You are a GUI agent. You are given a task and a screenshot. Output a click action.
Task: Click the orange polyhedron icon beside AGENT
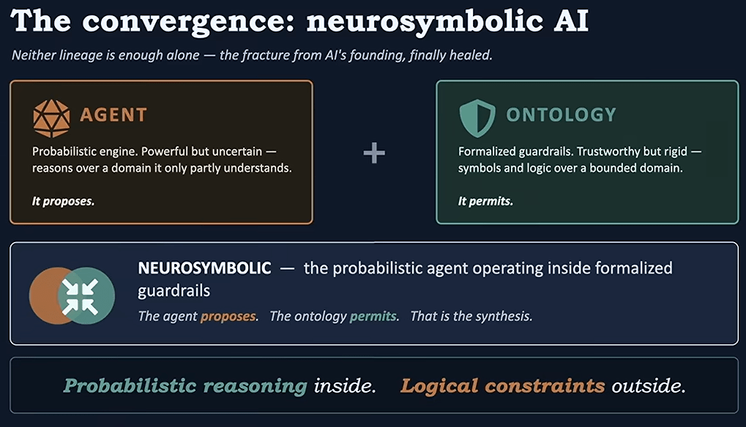pyautogui.click(x=51, y=118)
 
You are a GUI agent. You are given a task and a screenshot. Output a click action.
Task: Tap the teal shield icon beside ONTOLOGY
pyautogui.click(x=477, y=118)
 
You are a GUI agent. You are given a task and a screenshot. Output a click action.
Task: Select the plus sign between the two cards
pyautogui.click(x=374, y=153)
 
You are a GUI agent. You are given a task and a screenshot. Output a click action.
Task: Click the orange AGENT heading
pyautogui.click(x=113, y=115)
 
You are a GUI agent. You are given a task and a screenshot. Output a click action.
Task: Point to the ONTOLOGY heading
pyautogui.click(x=561, y=115)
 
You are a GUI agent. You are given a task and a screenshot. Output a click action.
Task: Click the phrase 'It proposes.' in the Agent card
pyautogui.click(x=63, y=201)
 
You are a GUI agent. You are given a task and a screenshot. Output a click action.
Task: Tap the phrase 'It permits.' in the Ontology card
pyautogui.click(x=485, y=201)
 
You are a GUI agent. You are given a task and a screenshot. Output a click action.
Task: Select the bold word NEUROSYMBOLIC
pyautogui.click(x=204, y=268)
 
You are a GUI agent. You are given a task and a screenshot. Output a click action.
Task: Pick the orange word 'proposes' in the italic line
pyautogui.click(x=228, y=317)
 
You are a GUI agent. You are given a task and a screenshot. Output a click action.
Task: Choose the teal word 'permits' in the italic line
pyautogui.click(x=373, y=317)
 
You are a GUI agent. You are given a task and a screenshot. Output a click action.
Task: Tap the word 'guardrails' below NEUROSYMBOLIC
pyautogui.click(x=174, y=291)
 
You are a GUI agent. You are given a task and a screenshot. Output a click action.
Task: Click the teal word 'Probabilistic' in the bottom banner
pyautogui.click(x=130, y=385)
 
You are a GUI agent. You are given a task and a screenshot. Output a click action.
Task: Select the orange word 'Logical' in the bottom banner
pyautogui.click(x=439, y=385)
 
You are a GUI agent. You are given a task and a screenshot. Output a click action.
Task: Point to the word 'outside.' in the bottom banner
pyautogui.click(x=649, y=385)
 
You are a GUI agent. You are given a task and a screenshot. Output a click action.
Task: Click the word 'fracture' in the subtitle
pyautogui.click(x=264, y=55)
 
